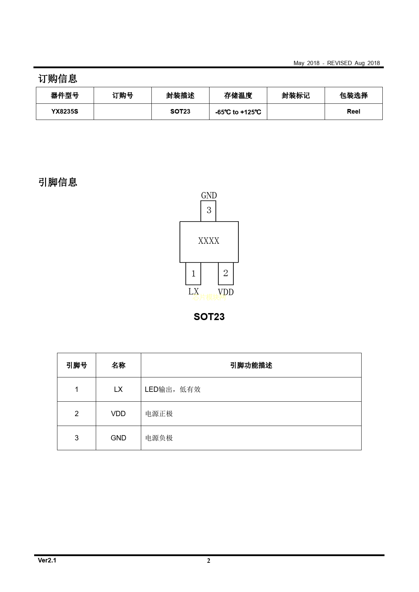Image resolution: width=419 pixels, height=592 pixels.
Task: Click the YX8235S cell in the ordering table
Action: point(65,112)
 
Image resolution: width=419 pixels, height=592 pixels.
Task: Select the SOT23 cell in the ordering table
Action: point(180,112)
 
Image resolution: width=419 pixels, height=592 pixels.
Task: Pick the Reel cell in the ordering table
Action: point(354,112)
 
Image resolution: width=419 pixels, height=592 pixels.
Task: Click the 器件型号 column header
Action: point(65,95)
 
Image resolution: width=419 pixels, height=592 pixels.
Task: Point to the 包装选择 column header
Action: point(354,95)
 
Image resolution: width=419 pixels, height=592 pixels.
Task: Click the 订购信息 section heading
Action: point(58,78)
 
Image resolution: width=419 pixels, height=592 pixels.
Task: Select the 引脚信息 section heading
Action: point(58,182)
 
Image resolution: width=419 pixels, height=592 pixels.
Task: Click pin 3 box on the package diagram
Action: point(208,211)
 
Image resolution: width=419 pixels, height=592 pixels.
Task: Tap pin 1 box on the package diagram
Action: point(193,274)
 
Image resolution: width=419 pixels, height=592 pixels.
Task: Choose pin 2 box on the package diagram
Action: point(226,274)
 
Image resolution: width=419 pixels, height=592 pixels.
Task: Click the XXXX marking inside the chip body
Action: point(209,241)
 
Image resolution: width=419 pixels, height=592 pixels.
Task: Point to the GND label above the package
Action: point(209,195)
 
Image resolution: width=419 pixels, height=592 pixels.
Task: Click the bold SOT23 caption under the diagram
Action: point(209,317)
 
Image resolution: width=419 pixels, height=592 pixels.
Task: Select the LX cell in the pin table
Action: point(118,389)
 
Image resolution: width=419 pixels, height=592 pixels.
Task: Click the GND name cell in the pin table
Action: point(118,438)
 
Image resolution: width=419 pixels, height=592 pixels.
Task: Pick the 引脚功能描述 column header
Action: point(251,365)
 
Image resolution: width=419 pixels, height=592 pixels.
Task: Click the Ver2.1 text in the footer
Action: point(47,560)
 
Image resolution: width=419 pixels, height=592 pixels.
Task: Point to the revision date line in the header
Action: point(337,63)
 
